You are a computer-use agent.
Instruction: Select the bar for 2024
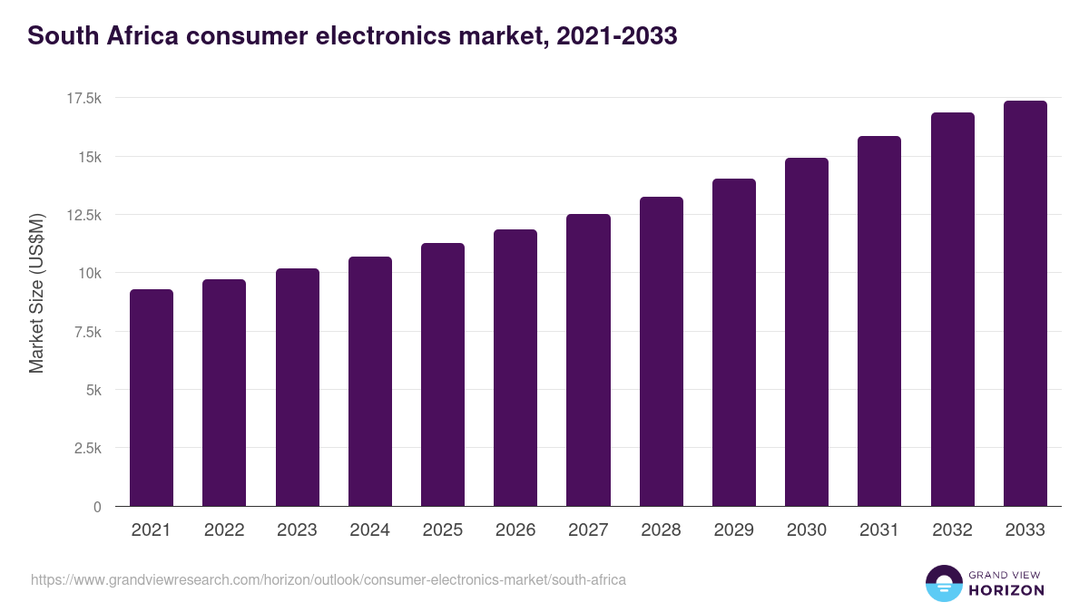[370, 381]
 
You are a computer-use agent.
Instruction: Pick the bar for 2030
[807, 332]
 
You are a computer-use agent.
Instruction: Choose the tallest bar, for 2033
[1025, 303]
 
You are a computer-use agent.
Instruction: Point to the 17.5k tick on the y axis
[82, 98]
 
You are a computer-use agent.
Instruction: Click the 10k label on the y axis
[88, 273]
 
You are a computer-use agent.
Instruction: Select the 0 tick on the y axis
[97, 507]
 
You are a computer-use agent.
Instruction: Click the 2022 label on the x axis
[224, 530]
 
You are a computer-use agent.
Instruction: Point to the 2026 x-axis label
[515, 530]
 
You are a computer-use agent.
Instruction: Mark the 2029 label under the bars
[734, 530]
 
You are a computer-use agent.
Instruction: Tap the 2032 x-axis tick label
[952, 530]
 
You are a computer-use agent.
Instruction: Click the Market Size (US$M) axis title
[36, 292]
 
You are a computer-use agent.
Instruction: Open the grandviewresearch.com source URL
[328, 579]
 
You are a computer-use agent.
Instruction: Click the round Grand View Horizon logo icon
[943, 584]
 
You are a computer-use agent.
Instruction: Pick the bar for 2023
[298, 387]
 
